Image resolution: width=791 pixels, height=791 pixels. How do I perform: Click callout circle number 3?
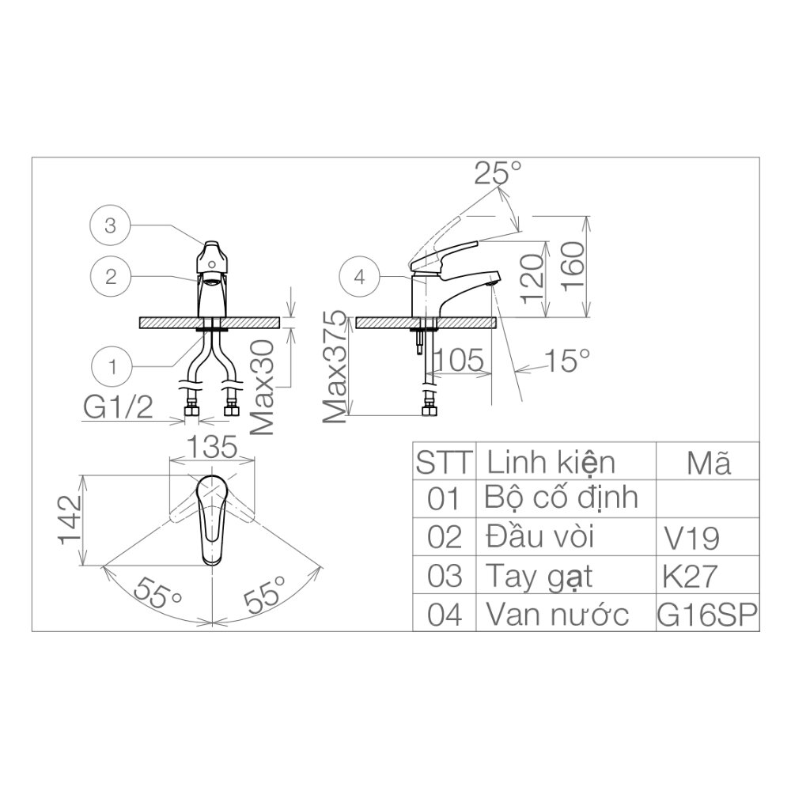111,225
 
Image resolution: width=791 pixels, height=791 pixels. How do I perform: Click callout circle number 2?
111,276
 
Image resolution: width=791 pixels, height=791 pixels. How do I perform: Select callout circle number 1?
111,366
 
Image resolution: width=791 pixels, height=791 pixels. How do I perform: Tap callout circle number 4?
359,277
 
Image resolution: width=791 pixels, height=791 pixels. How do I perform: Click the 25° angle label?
498,173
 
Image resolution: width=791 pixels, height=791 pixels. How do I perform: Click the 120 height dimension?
533,278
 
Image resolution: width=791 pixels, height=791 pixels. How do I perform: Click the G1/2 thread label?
119,408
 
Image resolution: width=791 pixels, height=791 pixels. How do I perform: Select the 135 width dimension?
211,447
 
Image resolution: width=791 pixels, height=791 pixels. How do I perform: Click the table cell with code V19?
692,538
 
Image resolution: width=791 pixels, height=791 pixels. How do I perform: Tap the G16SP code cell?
707,614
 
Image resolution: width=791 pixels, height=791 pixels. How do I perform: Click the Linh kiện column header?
551,461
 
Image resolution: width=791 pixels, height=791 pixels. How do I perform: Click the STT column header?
444,461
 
